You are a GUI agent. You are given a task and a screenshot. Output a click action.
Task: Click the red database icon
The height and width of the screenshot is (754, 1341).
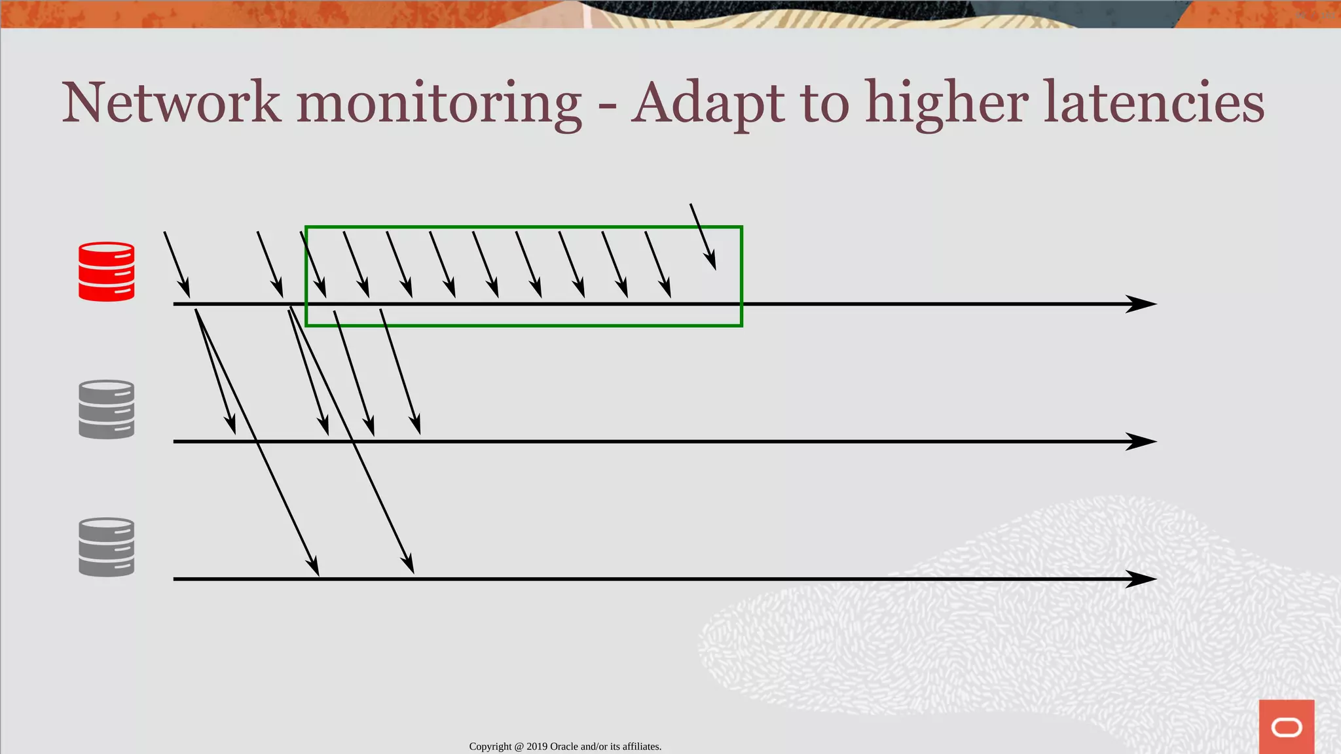(107, 272)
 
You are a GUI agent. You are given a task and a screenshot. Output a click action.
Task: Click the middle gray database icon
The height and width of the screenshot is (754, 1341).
(107, 410)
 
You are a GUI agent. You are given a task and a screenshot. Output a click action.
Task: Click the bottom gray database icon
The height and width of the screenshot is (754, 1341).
(107, 547)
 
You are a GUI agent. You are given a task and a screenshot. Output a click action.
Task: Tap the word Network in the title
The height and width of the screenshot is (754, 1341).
(172, 103)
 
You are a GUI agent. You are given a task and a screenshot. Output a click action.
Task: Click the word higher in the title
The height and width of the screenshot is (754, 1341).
(946, 103)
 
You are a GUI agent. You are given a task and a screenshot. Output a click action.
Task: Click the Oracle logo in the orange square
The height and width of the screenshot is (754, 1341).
(1287, 727)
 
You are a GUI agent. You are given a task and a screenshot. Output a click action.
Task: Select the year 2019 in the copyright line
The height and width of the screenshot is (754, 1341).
(537, 747)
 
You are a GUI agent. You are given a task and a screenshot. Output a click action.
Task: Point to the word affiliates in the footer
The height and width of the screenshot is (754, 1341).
(641, 747)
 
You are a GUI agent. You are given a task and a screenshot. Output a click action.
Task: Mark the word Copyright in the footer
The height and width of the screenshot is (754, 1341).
(490, 747)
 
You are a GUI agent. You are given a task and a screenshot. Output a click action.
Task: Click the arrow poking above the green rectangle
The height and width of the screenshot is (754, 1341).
(703, 236)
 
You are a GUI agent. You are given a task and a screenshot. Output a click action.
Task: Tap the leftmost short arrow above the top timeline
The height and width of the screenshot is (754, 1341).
(177, 264)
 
